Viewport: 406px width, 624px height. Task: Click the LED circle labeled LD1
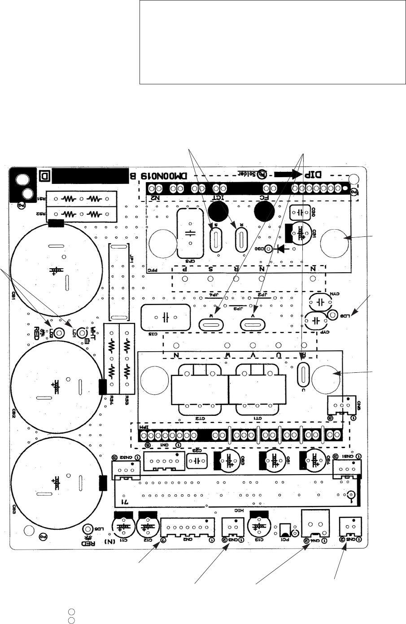pos(81,333)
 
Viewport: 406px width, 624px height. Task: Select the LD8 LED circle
pos(332,315)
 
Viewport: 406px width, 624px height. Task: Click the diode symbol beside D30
pos(282,248)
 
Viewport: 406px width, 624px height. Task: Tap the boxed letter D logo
pos(44,175)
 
